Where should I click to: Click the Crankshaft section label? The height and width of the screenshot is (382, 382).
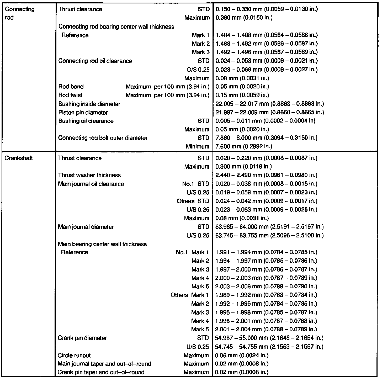coord(19,158)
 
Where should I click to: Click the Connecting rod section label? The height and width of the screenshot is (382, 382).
coord(20,13)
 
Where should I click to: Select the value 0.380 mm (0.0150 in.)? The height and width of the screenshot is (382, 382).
coord(244,18)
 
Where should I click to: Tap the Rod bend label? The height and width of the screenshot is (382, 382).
coord(71,87)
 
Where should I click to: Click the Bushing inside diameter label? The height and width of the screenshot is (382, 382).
coord(89,104)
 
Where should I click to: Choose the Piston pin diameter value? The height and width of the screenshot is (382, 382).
coord(269,113)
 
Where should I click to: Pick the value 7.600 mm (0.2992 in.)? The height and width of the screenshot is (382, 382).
coord(243,146)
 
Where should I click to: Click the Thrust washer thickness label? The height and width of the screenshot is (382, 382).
coord(89,175)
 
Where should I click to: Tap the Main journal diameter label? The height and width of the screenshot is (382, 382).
coord(86,227)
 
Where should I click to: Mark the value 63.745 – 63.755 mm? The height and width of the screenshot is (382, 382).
coord(269,235)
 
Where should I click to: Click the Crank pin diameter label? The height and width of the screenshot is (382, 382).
coord(82,338)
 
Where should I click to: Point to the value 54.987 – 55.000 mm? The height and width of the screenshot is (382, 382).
coord(269,338)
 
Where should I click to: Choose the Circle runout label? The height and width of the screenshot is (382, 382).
coord(74,356)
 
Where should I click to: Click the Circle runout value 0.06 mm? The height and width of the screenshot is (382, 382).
coord(242,356)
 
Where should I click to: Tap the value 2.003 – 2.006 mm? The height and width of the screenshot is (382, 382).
coord(266,286)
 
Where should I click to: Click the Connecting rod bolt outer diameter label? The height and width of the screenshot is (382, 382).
coord(103,138)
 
